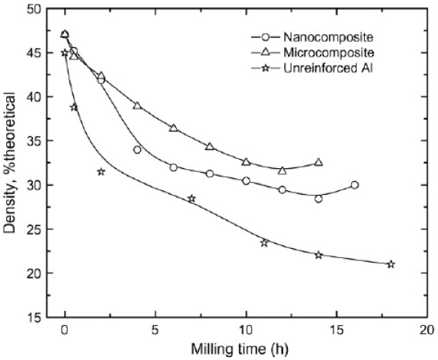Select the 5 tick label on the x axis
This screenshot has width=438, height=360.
pos(155,333)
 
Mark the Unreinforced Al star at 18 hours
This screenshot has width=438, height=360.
pos(391,264)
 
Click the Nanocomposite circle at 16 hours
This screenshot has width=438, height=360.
pos(355,185)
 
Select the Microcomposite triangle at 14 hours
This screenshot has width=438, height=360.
pos(318,162)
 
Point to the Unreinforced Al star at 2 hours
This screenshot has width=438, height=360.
pos(101,172)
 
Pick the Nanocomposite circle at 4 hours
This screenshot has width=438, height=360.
pos(137,150)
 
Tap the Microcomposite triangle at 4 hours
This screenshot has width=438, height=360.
pos(137,105)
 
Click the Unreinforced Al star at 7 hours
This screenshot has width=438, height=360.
pos(191,199)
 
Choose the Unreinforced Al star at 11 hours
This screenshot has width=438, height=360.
pos(264,243)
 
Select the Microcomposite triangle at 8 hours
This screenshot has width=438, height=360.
pos(209,146)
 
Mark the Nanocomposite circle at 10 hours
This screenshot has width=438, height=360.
pos(246,181)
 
